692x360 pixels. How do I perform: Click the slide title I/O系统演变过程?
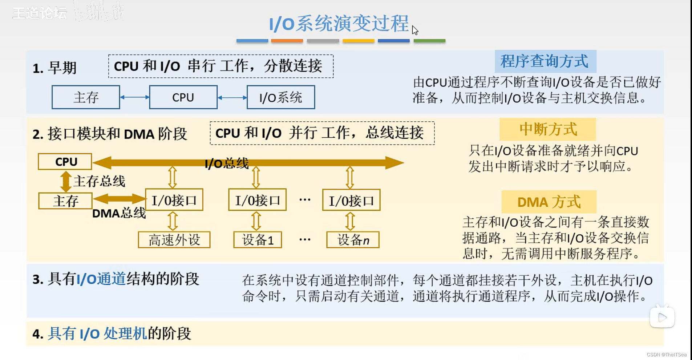pos(339,24)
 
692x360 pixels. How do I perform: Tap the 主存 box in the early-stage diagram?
pos(86,97)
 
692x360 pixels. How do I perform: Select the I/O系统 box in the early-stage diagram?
pos(281,97)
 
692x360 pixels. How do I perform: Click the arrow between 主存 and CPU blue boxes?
pos(134,97)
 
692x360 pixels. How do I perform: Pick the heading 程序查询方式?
pos(545,61)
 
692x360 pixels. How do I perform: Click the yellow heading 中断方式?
pos(548,129)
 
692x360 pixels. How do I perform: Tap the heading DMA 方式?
pos(549,202)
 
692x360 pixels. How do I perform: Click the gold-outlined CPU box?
pos(65,162)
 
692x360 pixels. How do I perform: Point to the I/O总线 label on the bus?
pos(227,163)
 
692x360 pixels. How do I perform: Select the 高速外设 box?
pos(174,240)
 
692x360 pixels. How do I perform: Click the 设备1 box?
pos(258,240)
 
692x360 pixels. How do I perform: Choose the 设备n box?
pos(353,240)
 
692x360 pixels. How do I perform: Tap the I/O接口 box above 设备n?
pos(351,200)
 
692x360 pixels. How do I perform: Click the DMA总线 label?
pos(119,213)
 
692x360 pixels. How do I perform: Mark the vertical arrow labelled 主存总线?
pos(66,181)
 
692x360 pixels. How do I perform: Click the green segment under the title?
pos(429,41)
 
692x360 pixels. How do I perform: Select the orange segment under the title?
pos(287,41)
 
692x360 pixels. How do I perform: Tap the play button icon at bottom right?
pos(662,317)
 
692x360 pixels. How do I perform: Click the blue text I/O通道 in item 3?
pos(101,279)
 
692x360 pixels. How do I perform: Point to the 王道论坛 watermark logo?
pos(40,13)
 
